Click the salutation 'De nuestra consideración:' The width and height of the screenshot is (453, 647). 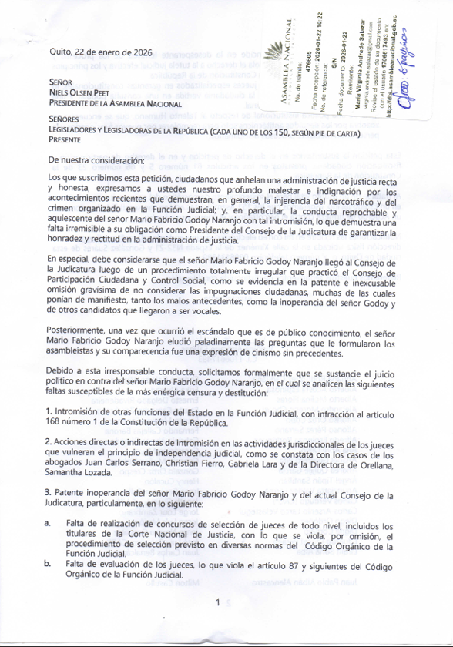pyautogui.click(x=96, y=160)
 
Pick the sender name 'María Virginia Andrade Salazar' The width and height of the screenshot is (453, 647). pyautogui.click(x=359, y=69)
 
